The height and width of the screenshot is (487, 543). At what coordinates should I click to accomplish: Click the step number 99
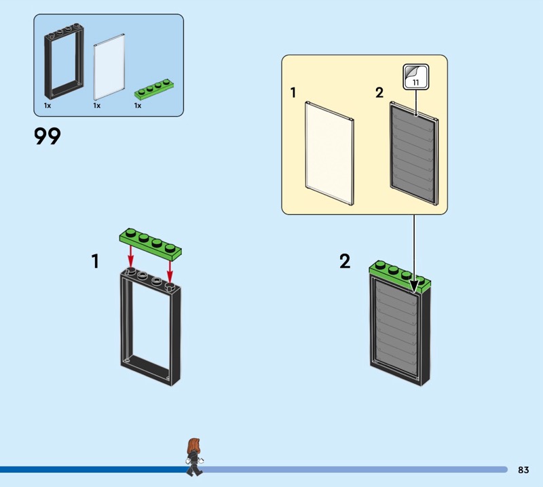[48, 136]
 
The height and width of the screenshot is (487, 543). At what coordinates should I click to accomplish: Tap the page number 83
[523, 469]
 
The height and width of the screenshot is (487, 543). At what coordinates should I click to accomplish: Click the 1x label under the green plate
[138, 106]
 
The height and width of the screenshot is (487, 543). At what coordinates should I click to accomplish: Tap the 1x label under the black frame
[48, 106]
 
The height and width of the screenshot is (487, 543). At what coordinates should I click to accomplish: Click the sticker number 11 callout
[416, 77]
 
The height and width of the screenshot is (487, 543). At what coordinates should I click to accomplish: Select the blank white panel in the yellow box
[329, 153]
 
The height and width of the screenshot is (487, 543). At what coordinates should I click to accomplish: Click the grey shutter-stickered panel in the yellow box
[414, 153]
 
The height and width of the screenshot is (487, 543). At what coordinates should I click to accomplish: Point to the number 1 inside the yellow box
[293, 93]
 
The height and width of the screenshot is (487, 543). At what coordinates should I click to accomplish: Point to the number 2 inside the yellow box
[379, 93]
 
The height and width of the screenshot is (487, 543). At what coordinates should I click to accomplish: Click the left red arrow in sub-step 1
[130, 257]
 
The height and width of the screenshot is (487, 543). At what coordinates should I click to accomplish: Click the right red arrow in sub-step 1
[170, 271]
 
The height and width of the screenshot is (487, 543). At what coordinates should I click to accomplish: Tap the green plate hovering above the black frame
[150, 244]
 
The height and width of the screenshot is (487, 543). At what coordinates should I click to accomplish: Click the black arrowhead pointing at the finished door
[414, 286]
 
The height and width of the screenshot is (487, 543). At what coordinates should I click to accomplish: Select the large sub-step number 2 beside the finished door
[345, 261]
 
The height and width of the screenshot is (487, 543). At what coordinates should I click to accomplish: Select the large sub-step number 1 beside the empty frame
[95, 261]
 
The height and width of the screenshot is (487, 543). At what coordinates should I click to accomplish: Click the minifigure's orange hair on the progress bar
[193, 446]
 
